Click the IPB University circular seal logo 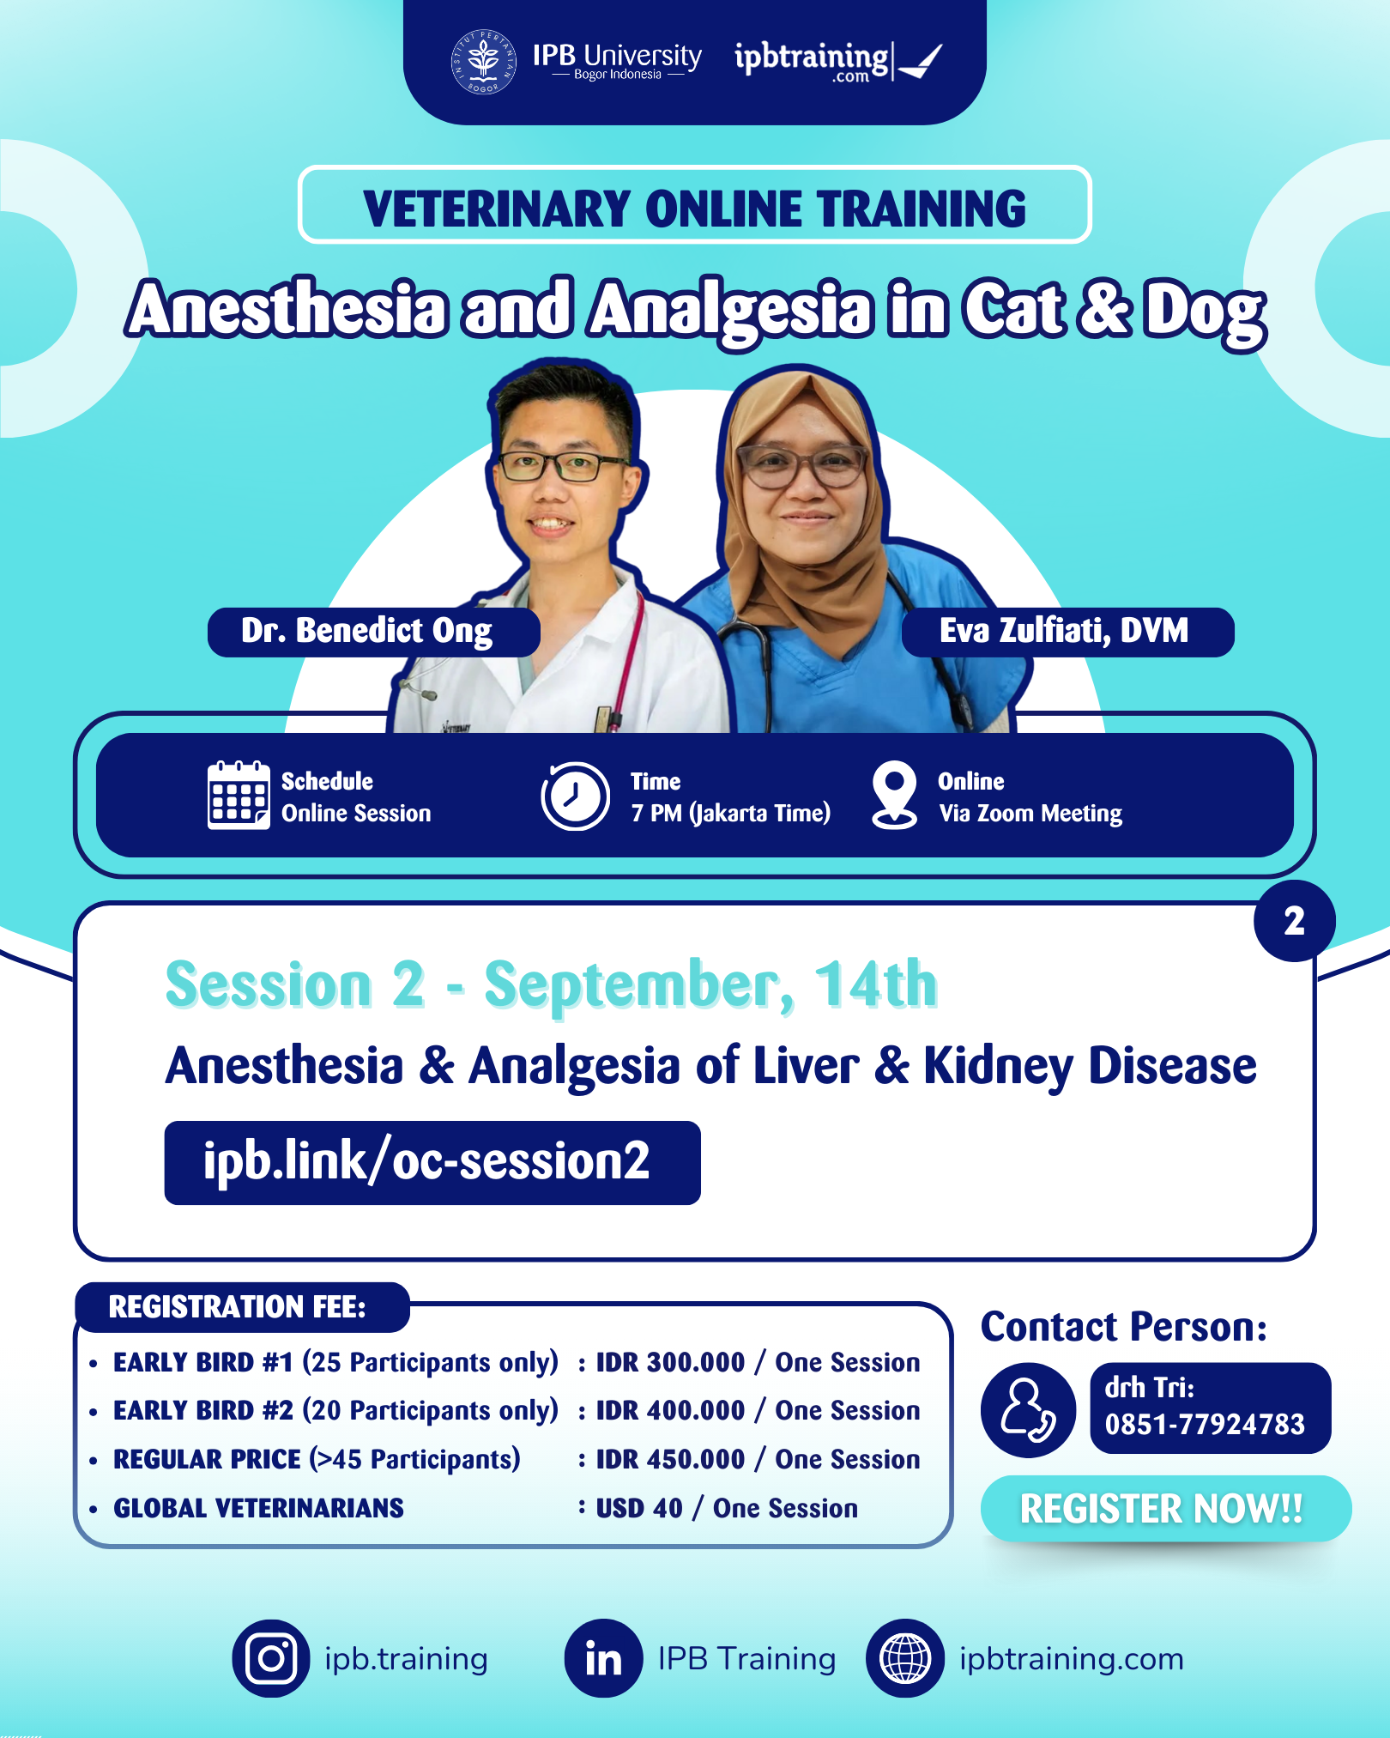[484, 62]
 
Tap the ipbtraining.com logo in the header [837, 61]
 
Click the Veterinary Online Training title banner [694, 206]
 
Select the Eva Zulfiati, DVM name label [1067, 632]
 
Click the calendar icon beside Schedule [238, 795]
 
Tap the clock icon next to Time [575, 796]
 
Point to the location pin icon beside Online [894, 794]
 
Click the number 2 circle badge [1294, 921]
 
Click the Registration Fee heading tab [241, 1307]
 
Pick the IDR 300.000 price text [670, 1362]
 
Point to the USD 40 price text [639, 1508]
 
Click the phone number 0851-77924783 [1205, 1425]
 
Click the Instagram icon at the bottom [271, 1658]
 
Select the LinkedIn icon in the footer [603, 1658]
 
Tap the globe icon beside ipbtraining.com [905, 1658]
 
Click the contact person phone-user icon [1028, 1408]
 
